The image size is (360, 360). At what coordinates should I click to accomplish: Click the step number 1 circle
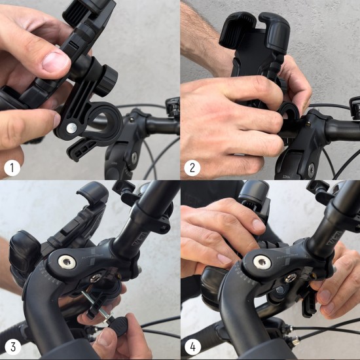click(11, 168)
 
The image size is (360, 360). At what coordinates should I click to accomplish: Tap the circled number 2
click(192, 168)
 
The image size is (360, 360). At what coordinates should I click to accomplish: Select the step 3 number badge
click(11, 348)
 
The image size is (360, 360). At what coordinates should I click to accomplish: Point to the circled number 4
click(192, 348)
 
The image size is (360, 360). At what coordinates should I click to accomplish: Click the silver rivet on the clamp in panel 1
click(69, 128)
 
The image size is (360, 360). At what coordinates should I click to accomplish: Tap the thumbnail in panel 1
click(55, 62)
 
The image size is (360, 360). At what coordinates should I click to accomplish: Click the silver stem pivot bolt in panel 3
click(66, 262)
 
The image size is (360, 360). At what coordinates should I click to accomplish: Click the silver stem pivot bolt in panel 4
click(262, 262)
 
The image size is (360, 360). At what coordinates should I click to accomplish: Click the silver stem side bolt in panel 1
click(134, 158)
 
